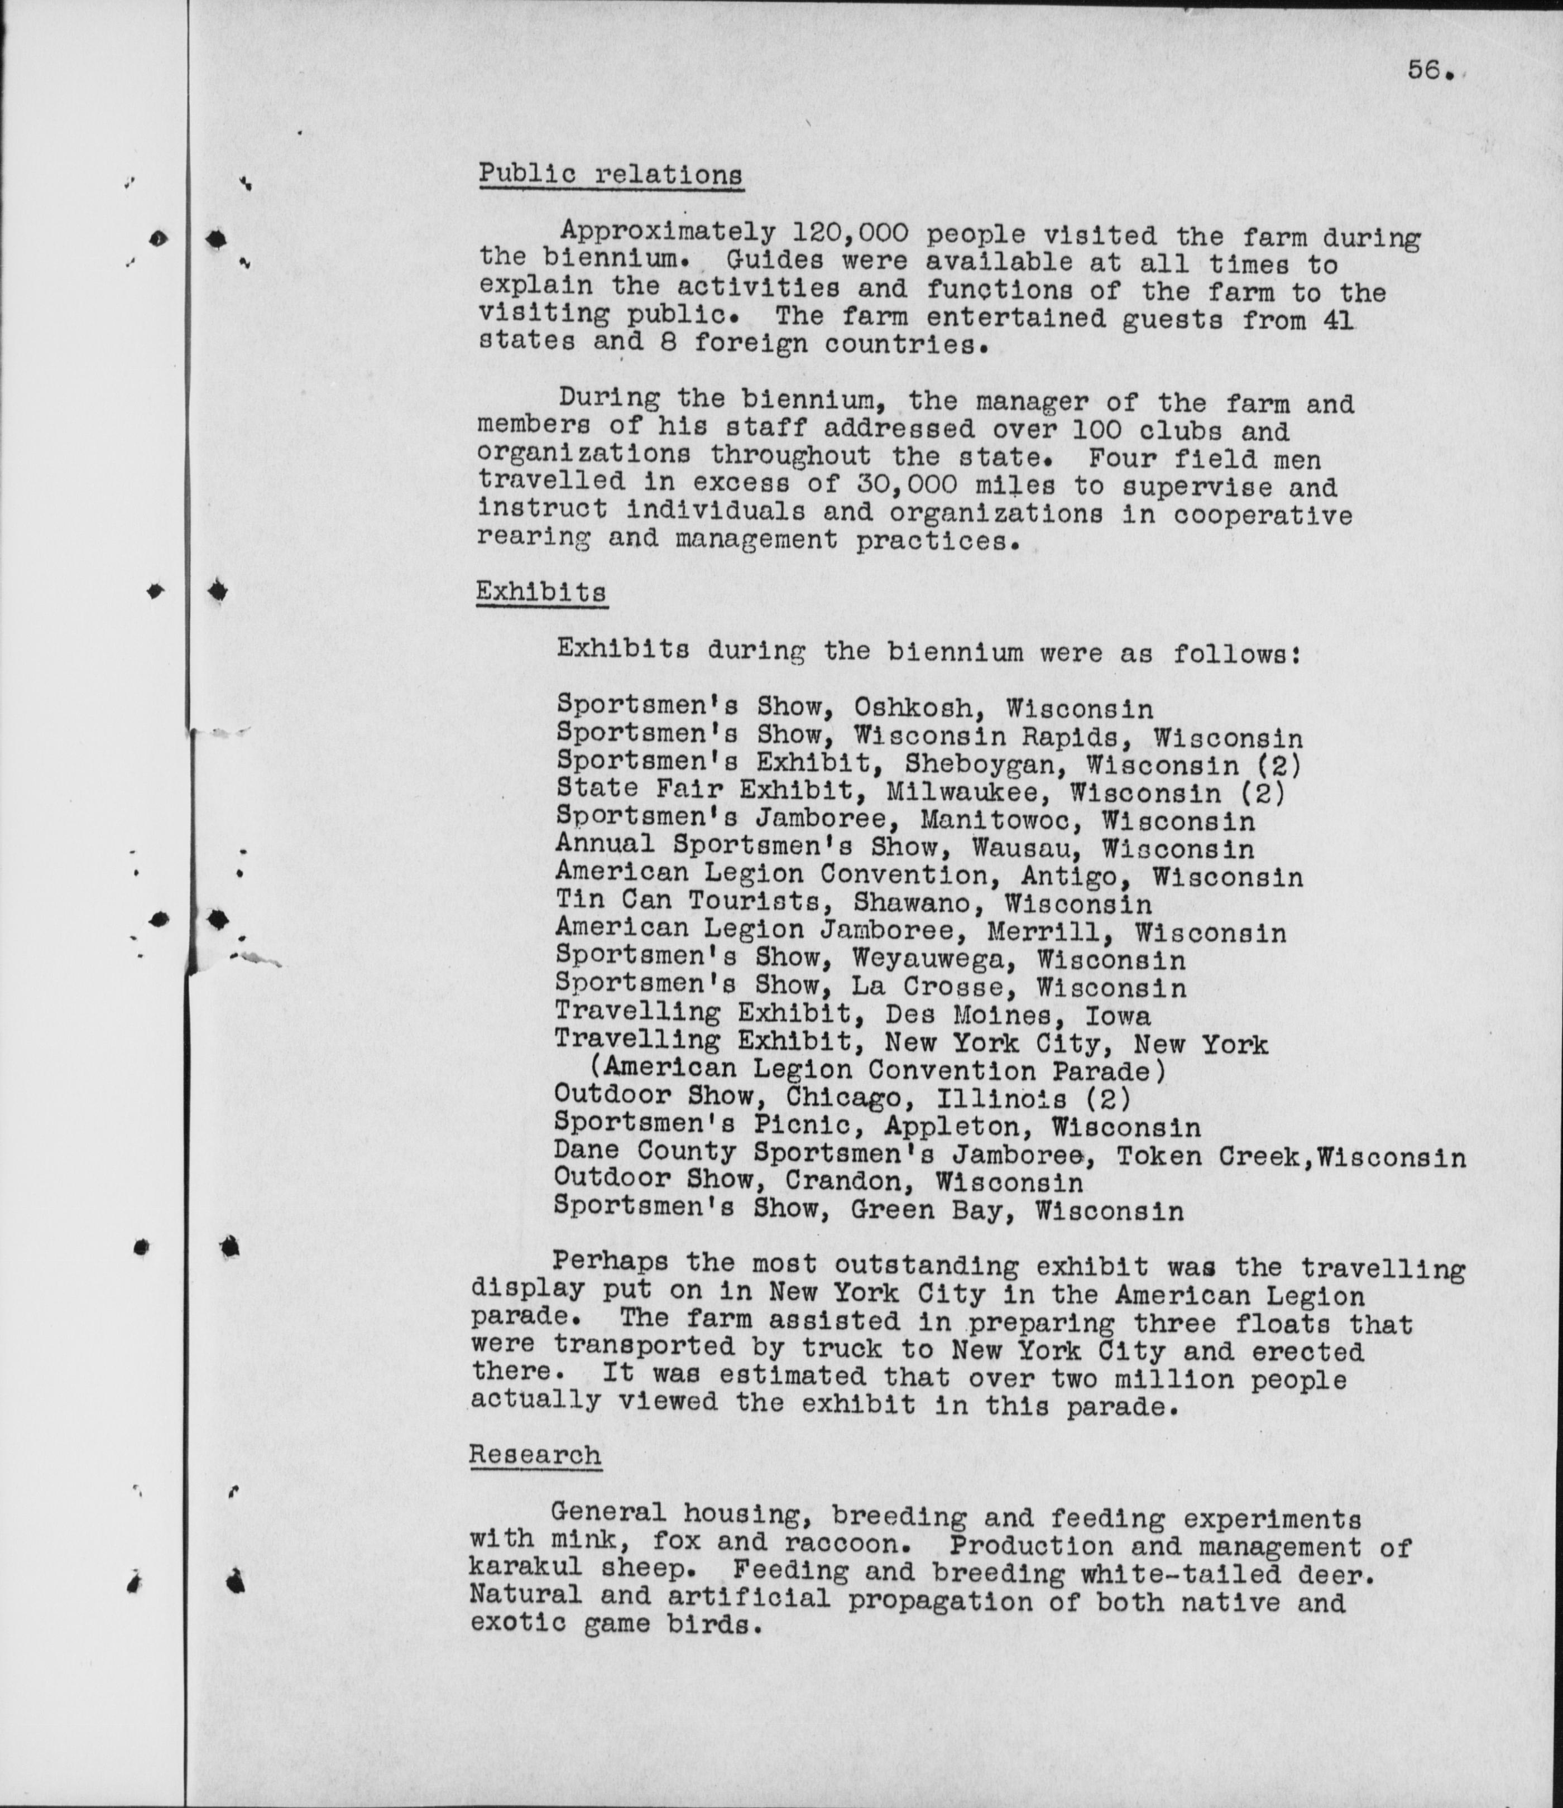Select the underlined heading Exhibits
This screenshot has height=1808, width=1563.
pyautogui.click(x=541, y=593)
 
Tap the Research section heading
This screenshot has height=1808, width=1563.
pyautogui.click(x=535, y=1455)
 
